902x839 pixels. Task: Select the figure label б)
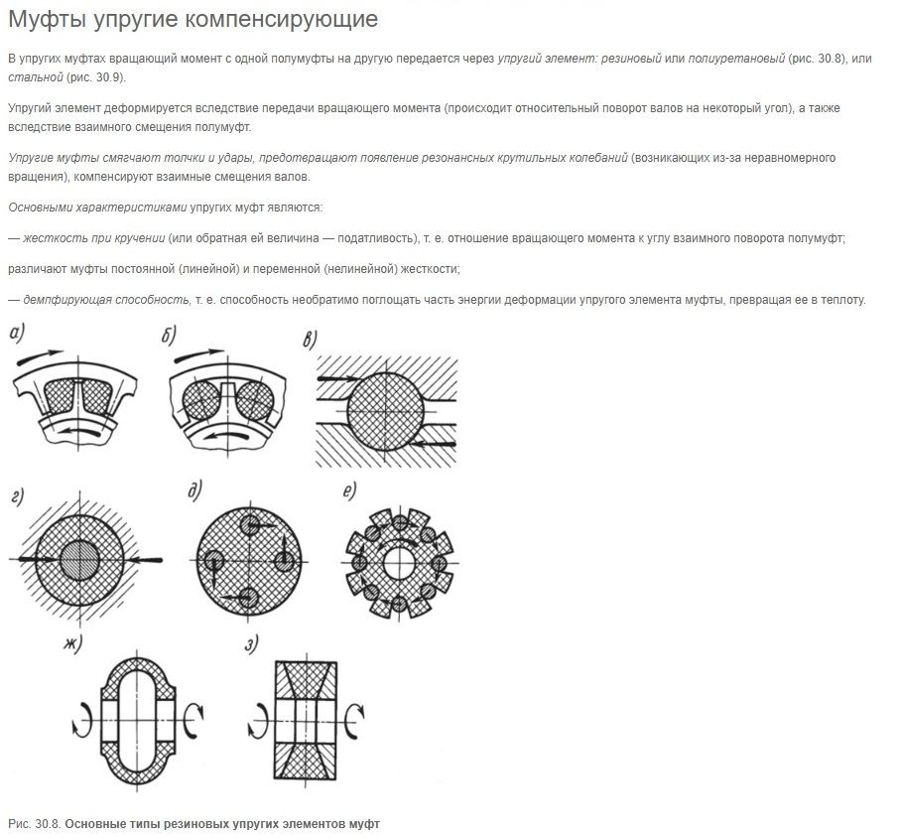(170, 336)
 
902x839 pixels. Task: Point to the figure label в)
(311, 341)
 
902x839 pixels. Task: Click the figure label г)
(18, 497)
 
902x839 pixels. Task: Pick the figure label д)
(196, 490)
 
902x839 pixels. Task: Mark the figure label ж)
(71, 643)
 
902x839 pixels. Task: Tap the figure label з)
(252, 644)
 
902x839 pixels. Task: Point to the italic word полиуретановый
(736, 60)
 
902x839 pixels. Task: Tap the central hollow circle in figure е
(400, 563)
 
